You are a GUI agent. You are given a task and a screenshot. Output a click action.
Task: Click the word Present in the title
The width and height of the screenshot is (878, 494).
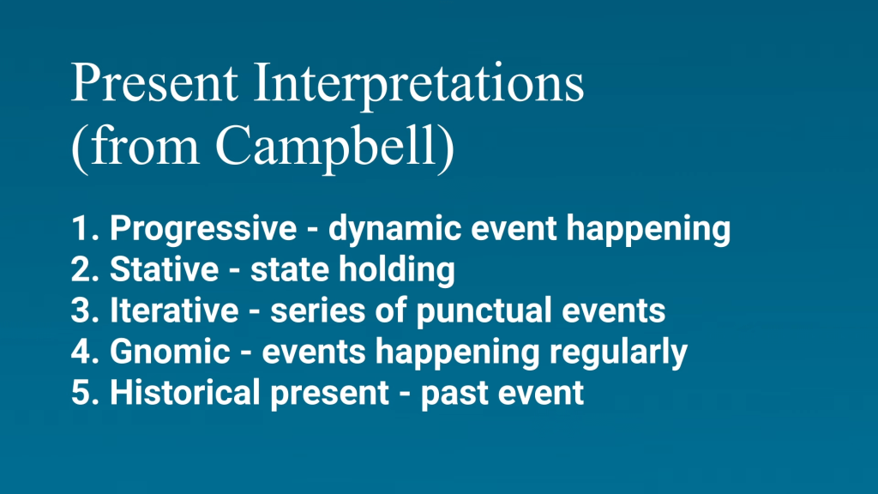click(x=154, y=83)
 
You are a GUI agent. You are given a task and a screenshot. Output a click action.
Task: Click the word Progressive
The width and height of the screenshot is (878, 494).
click(x=202, y=229)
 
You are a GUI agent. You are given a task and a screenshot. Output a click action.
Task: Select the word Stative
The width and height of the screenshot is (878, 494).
click(x=164, y=269)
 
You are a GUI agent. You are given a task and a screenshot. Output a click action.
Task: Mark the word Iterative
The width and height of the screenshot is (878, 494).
click(x=174, y=310)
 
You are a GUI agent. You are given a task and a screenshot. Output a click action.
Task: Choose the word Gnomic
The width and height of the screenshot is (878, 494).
click(x=171, y=351)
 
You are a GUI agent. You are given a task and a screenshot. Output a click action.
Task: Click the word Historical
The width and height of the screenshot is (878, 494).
click(x=185, y=392)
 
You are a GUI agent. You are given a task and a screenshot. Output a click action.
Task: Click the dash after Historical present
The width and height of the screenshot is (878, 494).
click(x=405, y=393)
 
